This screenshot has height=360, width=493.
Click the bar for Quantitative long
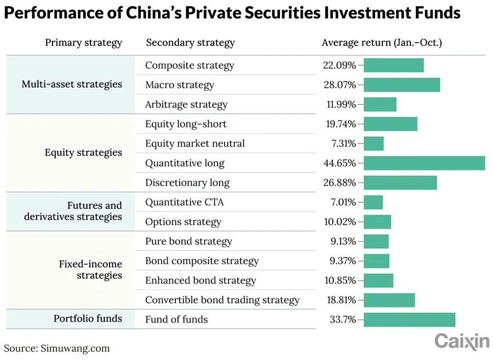point(424,163)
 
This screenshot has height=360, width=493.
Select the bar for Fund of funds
point(409,319)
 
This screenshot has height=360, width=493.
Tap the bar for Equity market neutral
point(374,144)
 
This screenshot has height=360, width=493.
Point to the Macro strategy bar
point(402,85)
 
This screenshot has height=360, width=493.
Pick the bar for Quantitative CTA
point(373,202)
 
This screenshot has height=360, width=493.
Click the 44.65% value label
point(340,163)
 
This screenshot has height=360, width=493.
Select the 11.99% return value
point(340,105)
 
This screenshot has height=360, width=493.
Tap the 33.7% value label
point(342,319)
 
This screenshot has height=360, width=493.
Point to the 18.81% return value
point(340,300)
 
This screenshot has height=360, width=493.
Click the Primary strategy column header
point(83,43)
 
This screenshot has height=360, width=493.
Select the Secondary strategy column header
point(190,43)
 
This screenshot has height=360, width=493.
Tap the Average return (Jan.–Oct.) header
point(382,43)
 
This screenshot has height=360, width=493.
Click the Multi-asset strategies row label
point(72,84)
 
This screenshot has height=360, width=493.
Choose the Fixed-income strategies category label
point(90,270)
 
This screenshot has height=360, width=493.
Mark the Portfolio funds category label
point(88,318)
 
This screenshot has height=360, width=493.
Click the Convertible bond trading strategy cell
point(222,300)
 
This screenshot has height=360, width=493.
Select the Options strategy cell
point(183,222)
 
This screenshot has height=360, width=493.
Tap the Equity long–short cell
point(186,124)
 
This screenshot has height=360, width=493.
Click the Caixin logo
point(462,341)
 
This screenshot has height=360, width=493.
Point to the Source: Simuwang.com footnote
point(57,348)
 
